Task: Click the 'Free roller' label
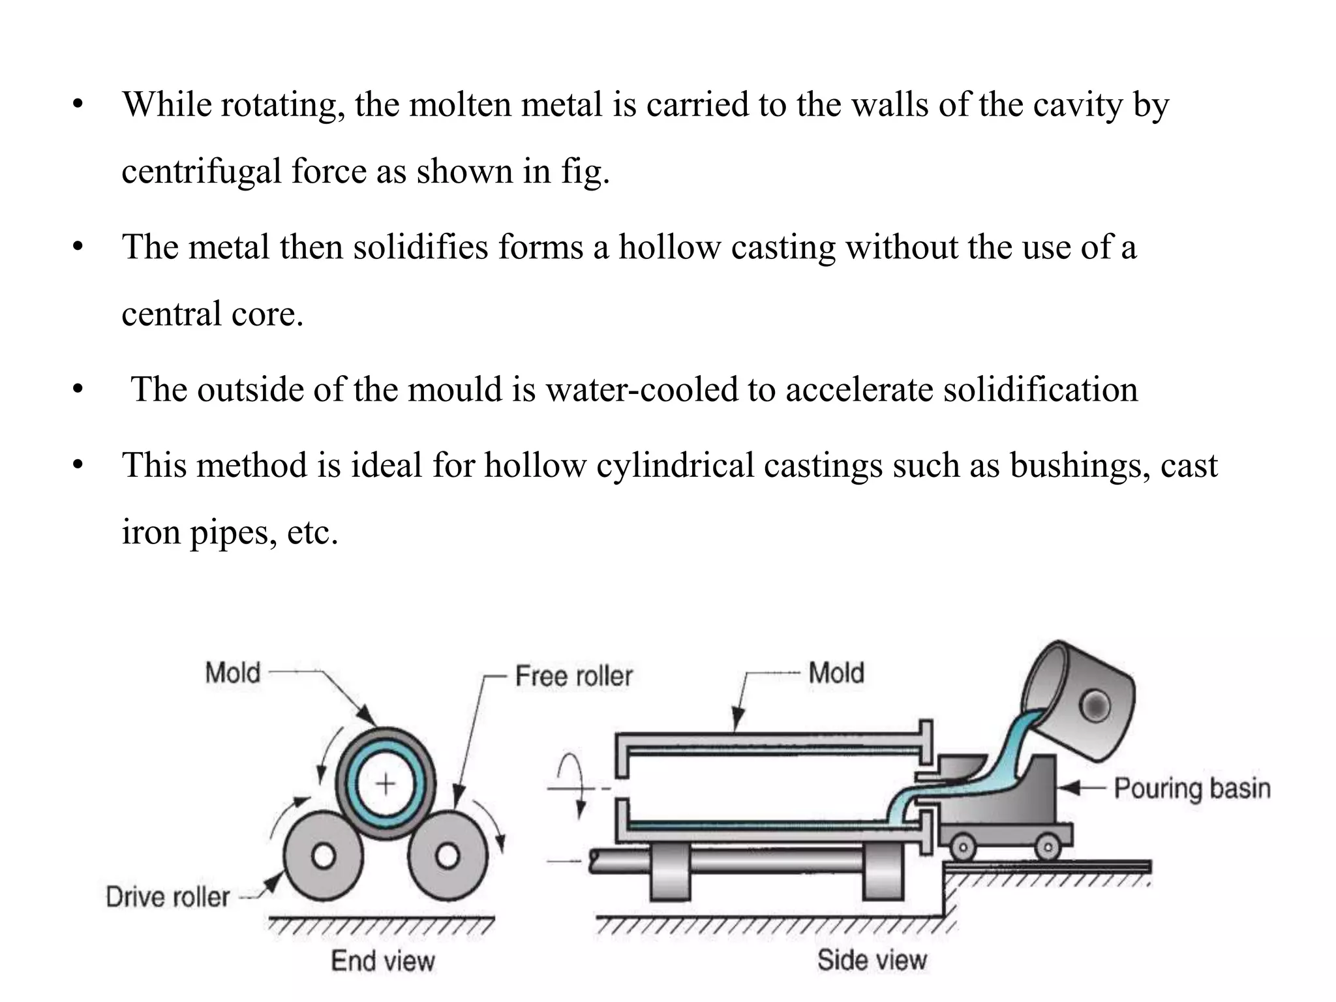point(573,676)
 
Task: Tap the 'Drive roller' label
point(168,897)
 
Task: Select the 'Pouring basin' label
point(1192,788)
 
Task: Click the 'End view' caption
point(382,961)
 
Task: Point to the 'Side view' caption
point(872,960)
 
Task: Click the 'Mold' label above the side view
point(836,673)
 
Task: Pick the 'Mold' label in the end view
point(232,673)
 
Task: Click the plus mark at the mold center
point(386,783)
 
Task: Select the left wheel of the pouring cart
point(963,848)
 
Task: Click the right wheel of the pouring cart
point(1048,848)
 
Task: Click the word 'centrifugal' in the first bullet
point(202,172)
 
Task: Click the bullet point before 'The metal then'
point(79,248)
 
